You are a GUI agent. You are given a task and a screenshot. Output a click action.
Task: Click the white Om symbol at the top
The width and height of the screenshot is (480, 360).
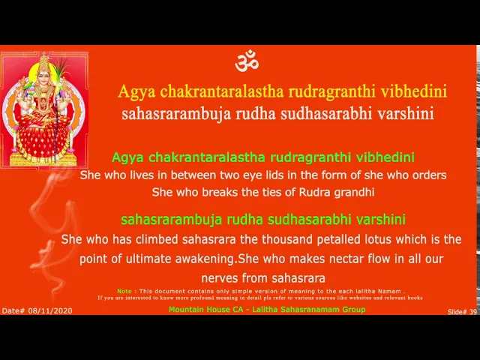tap(247, 61)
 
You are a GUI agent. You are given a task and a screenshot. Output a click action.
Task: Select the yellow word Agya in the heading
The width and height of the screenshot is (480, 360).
tap(136, 91)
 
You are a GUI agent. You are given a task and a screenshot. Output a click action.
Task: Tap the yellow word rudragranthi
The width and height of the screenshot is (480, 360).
tap(331, 91)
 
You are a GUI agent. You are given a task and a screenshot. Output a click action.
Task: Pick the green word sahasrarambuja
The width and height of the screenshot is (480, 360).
tap(172, 220)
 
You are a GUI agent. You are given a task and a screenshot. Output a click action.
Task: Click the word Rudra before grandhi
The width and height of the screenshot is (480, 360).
tap(314, 192)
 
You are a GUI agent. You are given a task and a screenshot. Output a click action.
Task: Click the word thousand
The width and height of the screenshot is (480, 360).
tap(283, 239)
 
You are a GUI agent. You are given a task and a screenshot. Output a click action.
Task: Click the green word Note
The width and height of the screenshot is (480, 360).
tap(124, 291)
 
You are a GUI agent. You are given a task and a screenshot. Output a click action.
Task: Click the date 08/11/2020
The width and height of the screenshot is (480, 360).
tap(50, 310)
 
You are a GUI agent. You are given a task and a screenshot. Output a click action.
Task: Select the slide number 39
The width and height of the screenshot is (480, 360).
tap(473, 312)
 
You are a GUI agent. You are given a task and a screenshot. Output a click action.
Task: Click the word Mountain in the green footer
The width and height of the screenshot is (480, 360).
tap(187, 309)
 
